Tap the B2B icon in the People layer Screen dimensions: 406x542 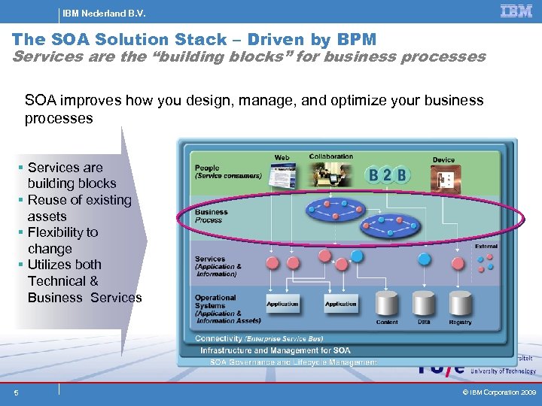point(388,176)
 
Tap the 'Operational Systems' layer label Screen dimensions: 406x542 point(215,302)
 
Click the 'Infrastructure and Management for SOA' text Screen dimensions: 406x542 point(275,350)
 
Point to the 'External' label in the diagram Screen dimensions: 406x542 point(486,247)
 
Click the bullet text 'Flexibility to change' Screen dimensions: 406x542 point(62,241)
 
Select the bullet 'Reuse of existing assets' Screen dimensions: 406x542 point(79,208)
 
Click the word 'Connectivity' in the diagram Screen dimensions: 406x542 point(218,339)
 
